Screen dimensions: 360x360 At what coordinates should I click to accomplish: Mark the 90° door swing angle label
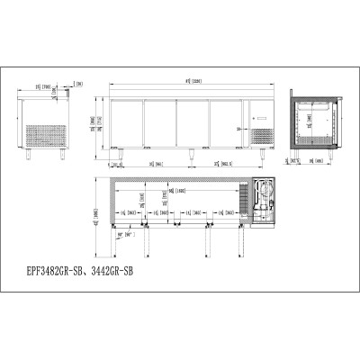(x=115, y=234)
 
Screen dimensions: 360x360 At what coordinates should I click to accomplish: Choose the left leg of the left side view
(x=29, y=154)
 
